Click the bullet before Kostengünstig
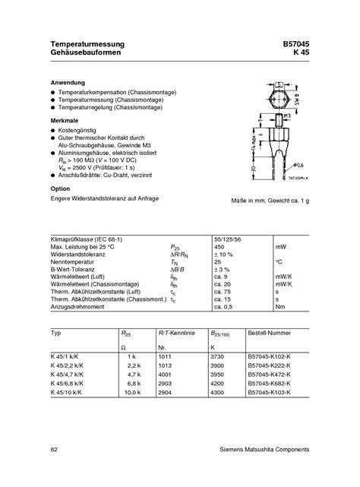53,132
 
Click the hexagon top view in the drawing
276,96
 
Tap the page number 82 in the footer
53,450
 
